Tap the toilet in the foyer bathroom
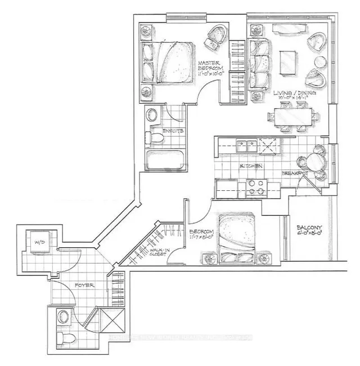pos(66,336)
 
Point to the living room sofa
pos(259,63)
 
